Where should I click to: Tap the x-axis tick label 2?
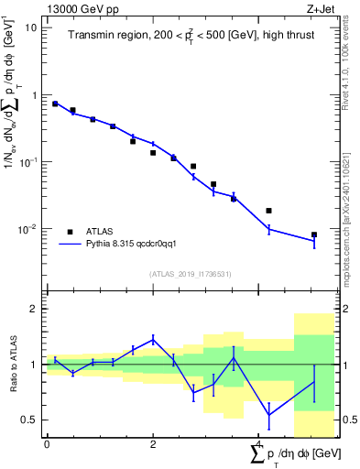(153, 446)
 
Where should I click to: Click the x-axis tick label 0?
(47, 446)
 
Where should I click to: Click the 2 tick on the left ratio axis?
(35, 309)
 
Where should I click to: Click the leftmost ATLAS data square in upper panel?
(55, 104)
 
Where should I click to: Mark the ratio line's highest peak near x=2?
(153, 339)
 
